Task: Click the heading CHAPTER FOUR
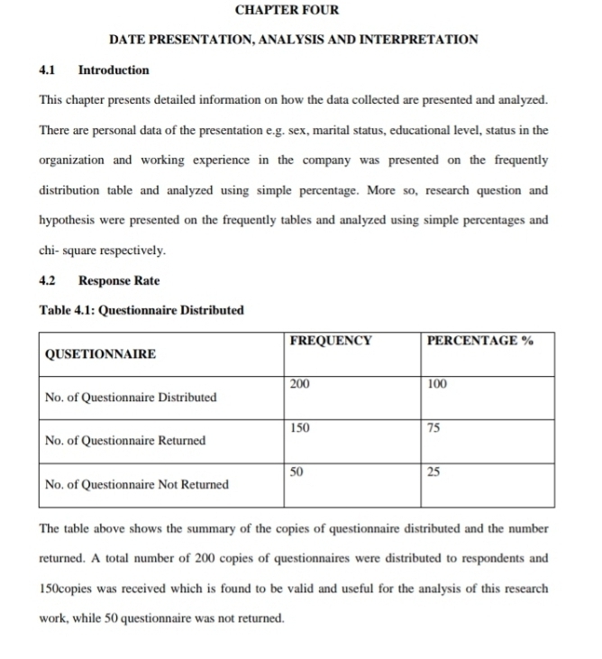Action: coord(287,10)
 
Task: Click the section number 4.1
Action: coord(48,69)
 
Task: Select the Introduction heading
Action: coord(114,69)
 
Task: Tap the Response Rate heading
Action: coord(119,280)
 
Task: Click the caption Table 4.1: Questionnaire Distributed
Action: coord(141,310)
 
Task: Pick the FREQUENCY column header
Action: coord(331,341)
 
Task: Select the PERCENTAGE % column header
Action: coord(479,341)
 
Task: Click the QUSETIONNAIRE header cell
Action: coord(99,354)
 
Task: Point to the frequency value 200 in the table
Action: coord(300,384)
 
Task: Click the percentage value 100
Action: coord(437,384)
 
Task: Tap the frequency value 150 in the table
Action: coord(300,427)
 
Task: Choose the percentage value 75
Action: coord(433,427)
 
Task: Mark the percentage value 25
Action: coord(433,471)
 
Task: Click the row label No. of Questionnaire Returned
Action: coord(125,441)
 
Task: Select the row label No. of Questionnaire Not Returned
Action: coord(136,484)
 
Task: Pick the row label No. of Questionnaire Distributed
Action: coord(131,398)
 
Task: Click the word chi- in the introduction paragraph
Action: coord(52,250)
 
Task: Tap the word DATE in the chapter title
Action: coord(128,40)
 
